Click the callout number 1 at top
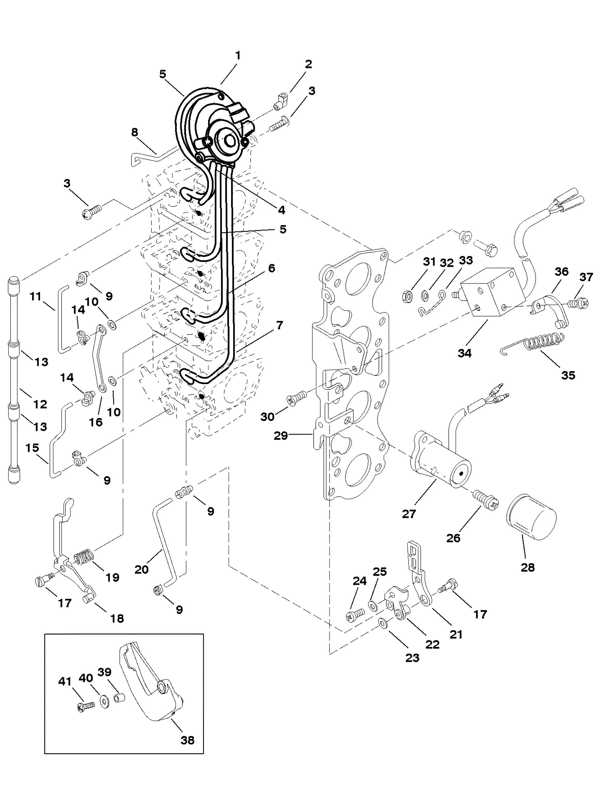[238, 56]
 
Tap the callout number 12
[40, 404]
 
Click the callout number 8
[134, 132]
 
